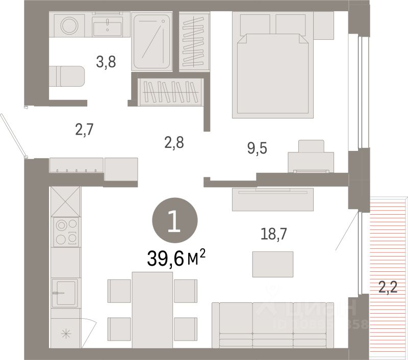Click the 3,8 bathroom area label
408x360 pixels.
(x=106, y=62)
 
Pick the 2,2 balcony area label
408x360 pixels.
(x=387, y=288)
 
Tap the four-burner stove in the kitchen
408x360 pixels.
(x=66, y=232)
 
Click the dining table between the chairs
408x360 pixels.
(x=152, y=309)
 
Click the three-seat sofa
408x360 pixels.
(x=273, y=325)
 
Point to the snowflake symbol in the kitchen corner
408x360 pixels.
(x=65, y=334)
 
